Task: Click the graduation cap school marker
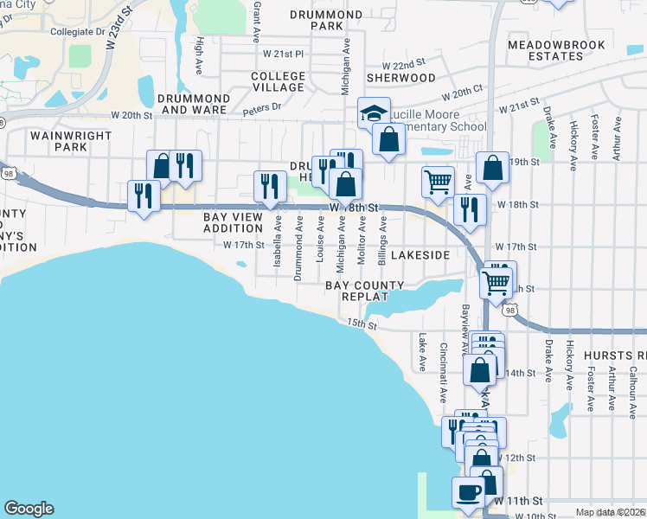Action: pyautogui.click(x=374, y=113)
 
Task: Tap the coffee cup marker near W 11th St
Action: pyautogui.click(x=468, y=492)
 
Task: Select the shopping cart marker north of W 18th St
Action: pyautogui.click(x=439, y=183)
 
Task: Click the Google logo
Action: pyautogui.click(x=29, y=509)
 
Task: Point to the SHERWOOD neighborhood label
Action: pyautogui.click(x=400, y=77)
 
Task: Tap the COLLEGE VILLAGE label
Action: pyautogui.click(x=279, y=81)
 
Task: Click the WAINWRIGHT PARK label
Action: pyautogui.click(x=71, y=141)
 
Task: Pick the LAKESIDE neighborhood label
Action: pyautogui.click(x=420, y=255)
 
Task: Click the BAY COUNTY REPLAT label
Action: pyautogui.click(x=365, y=290)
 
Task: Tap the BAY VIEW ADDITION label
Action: pyautogui.click(x=233, y=222)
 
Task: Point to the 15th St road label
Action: pyautogui.click(x=362, y=324)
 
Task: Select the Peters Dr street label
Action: pyautogui.click(x=262, y=107)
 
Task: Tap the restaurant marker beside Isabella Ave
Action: pyautogui.click(x=270, y=186)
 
